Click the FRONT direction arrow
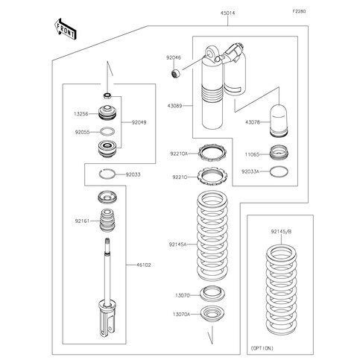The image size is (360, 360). coord(65,29)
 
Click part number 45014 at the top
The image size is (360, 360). coord(227,13)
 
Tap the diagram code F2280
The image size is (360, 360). coord(299,11)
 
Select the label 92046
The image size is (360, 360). coord(174,57)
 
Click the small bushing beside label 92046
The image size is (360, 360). coord(176,74)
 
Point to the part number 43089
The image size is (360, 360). coord(174,106)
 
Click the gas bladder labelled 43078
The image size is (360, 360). coord(279,121)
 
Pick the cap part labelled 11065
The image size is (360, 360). coord(279,153)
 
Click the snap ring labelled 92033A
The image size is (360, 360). coord(279,171)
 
